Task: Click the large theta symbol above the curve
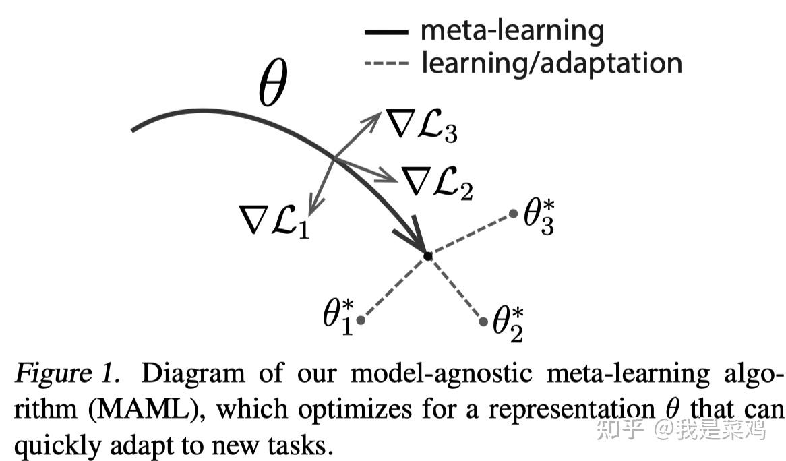point(273,82)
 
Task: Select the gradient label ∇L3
point(421,125)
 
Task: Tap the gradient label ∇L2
point(437,183)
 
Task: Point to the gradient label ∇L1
point(275,220)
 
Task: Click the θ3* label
point(539,217)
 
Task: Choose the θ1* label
point(338,316)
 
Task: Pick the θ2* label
point(508,325)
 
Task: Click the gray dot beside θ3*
point(513,214)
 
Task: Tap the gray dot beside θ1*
point(361,319)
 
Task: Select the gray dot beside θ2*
point(483,321)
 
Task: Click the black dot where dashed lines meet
point(427,256)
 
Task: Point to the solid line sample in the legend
point(386,32)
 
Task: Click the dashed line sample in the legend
point(386,63)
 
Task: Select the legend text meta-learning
point(512,30)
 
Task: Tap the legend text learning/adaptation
point(552,63)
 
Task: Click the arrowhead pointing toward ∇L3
point(374,119)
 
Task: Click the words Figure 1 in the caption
point(67,373)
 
